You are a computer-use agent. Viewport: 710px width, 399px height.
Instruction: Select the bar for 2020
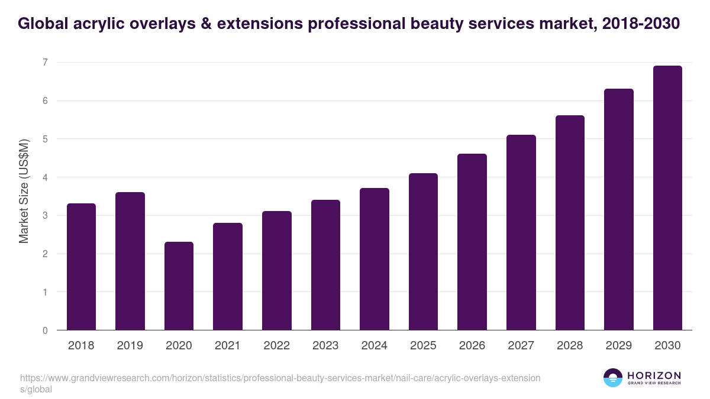pos(179,286)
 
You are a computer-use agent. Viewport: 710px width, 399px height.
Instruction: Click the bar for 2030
pos(667,198)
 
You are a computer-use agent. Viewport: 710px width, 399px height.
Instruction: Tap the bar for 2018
pos(81,267)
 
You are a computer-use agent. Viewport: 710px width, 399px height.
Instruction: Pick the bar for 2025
pos(423,252)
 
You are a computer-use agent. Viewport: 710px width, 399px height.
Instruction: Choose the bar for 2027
pos(521,232)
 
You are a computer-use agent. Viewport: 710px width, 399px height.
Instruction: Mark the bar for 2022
pos(277,271)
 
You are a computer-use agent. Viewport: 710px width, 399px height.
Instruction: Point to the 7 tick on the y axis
pos(44,63)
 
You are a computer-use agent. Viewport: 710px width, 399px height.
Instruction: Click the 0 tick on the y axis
pos(44,330)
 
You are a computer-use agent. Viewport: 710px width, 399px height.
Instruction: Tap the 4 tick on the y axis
pos(44,177)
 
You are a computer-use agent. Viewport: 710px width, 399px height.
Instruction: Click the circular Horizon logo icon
pos(613,378)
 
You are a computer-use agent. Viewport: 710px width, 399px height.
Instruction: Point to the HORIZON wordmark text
pos(654,375)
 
